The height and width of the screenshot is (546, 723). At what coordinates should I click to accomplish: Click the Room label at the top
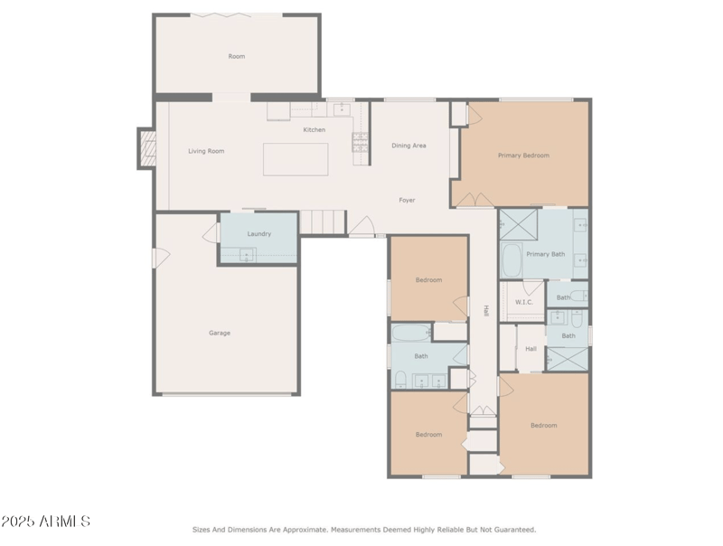coord(236,57)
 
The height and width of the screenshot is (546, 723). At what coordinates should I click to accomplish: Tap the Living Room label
coord(206,151)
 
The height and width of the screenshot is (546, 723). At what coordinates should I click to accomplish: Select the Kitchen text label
coord(314,130)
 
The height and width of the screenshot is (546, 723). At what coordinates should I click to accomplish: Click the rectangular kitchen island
coord(296,159)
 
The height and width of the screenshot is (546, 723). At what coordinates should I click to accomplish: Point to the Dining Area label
coord(408,146)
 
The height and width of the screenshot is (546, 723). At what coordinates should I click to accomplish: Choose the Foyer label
coord(407,200)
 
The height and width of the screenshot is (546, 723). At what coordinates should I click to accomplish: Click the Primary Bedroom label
coord(523,155)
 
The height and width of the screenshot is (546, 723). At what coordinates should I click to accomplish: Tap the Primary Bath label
coord(545,254)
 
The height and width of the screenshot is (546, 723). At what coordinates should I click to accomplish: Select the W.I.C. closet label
coord(522,302)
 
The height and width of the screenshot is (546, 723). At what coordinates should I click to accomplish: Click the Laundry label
coord(258,234)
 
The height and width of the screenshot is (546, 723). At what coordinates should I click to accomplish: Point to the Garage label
coord(220,333)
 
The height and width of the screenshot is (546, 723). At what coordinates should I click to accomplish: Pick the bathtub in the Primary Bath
coord(511,260)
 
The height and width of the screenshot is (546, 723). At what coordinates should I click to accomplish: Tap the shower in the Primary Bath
coord(519,222)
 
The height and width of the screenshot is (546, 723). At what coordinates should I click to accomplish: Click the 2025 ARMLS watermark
coord(45,522)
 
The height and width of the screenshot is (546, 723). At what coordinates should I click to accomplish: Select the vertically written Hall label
coord(486,310)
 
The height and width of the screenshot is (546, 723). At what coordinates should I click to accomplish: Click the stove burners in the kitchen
coord(360,142)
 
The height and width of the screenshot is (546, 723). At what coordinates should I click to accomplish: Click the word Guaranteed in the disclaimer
coord(513,530)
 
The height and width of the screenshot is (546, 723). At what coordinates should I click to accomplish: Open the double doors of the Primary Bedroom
coord(473,199)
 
